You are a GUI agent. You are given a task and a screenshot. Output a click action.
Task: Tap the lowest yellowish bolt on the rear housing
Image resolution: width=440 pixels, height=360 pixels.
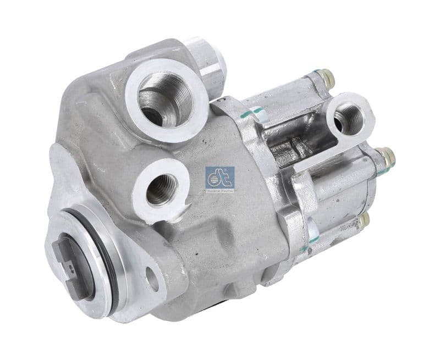pos(364,221)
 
